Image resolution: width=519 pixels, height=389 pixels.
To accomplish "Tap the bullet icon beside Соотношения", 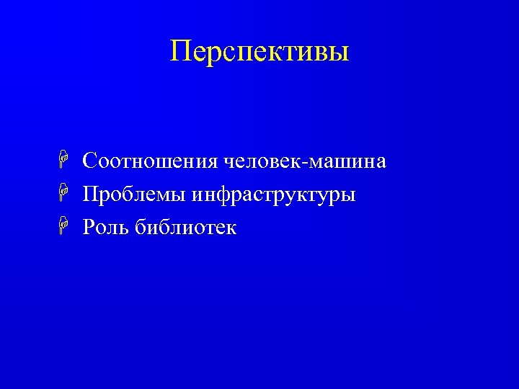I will (64, 161).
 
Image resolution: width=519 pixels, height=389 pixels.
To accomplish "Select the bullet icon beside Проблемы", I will (64, 194).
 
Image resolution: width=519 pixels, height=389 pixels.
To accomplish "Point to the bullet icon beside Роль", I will (64, 228).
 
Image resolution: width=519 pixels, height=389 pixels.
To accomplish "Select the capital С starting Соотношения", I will (90, 161).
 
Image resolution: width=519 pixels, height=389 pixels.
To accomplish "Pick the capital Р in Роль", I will (89, 228).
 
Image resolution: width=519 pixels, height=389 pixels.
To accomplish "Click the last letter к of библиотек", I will (231, 230).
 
